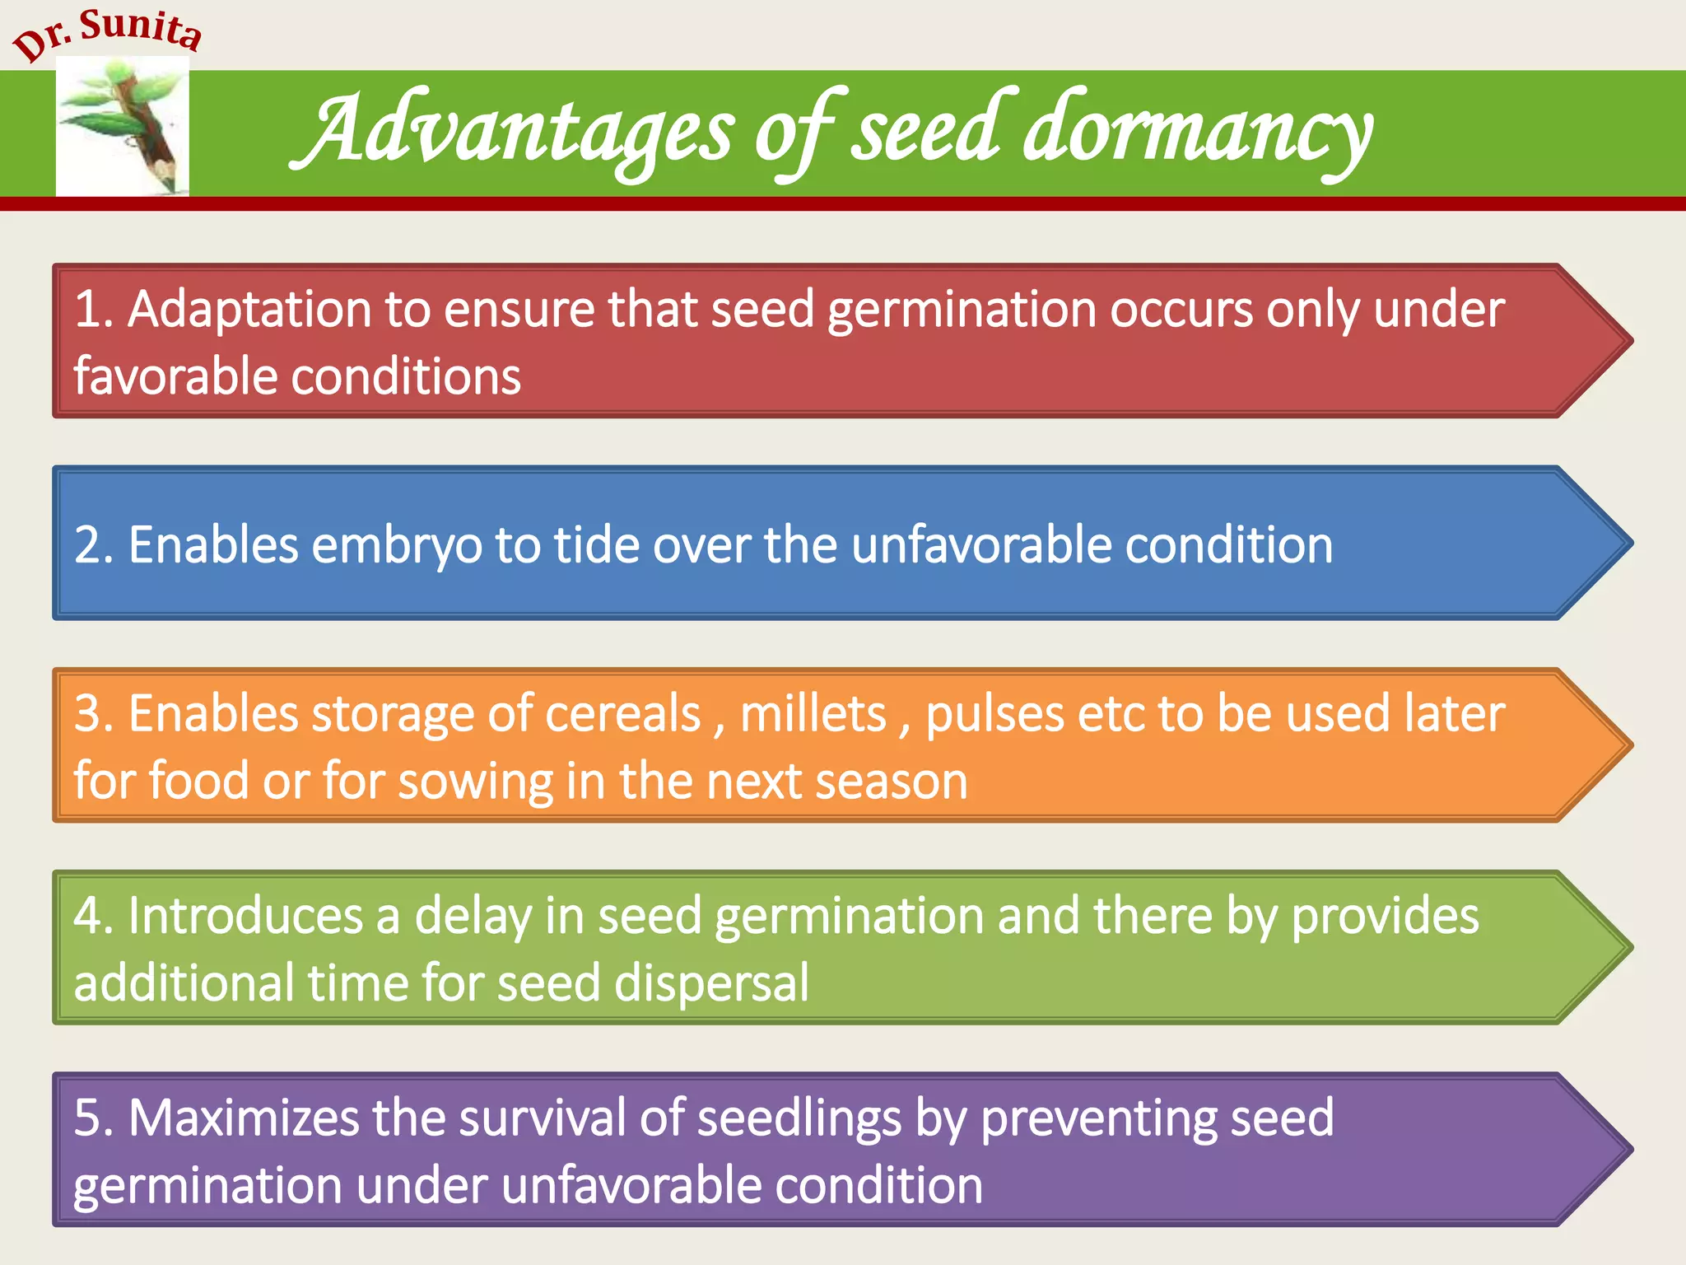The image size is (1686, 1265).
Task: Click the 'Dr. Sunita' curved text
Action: [x=107, y=33]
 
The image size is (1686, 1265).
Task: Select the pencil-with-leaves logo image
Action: [x=123, y=128]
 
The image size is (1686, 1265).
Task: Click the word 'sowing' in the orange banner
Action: [x=476, y=781]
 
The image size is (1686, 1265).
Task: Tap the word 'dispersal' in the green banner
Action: [x=711, y=983]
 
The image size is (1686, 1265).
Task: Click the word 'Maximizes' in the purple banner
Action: [x=244, y=1118]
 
